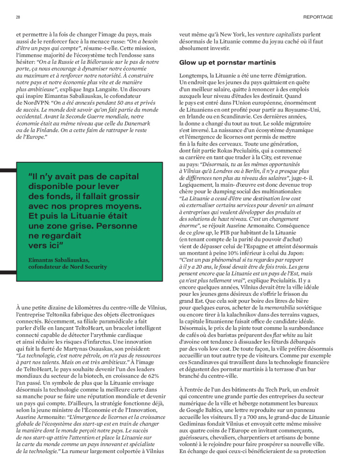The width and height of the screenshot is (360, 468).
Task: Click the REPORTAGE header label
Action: click(x=318, y=17)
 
